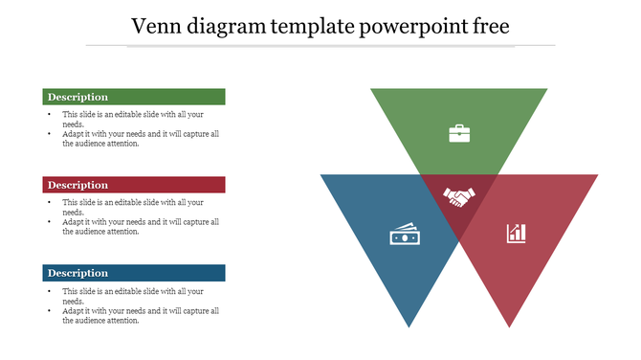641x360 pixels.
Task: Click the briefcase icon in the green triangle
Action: (459, 133)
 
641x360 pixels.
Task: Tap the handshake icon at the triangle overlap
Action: (459, 197)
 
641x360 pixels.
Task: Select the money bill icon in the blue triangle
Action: (403, 234)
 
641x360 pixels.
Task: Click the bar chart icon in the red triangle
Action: (516, 233)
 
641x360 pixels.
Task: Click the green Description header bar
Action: (134, 97)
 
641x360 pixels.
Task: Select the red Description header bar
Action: (134, 185)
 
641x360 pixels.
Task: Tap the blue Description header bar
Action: (134, 273)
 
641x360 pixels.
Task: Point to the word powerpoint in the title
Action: (413, 26)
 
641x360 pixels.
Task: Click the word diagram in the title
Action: (228, 26)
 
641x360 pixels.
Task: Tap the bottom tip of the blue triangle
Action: (409, 326)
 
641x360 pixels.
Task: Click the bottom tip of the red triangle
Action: (507, 326)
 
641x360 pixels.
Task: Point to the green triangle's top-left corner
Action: (372, 90)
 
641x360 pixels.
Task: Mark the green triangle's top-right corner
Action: (546, 90)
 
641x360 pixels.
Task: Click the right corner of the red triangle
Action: (596, 176)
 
